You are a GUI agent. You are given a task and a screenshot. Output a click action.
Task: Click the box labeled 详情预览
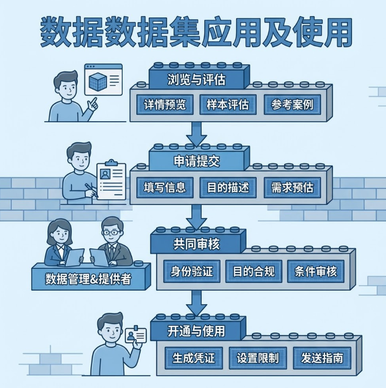(x=165, y=105)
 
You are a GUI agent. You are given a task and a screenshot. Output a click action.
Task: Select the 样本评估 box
(x=228, y=105)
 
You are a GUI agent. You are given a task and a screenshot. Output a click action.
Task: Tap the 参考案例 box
(x=292, y=105)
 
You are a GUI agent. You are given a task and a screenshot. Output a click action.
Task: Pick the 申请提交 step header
(x=196, y=162)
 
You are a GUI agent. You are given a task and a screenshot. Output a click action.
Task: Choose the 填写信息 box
(x=165, y=187)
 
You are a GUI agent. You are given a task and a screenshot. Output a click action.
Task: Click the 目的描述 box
(x=228, y=187)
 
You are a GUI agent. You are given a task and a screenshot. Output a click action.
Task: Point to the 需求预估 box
(x=292, y=187)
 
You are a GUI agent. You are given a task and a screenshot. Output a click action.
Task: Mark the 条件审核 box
(x=316, y=271)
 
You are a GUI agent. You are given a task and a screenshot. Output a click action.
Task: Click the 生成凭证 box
(x=194, y=358)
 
